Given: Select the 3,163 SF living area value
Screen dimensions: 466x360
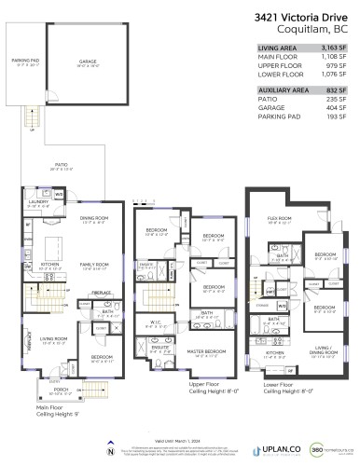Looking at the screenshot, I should [331, 48].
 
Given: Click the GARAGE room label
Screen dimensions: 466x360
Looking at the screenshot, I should [88, 61].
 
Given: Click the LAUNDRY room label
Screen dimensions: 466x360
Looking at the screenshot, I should [38, 201].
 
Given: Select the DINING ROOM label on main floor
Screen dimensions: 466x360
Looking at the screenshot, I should [95, 220].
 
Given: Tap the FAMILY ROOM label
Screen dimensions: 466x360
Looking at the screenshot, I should [95, 266].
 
